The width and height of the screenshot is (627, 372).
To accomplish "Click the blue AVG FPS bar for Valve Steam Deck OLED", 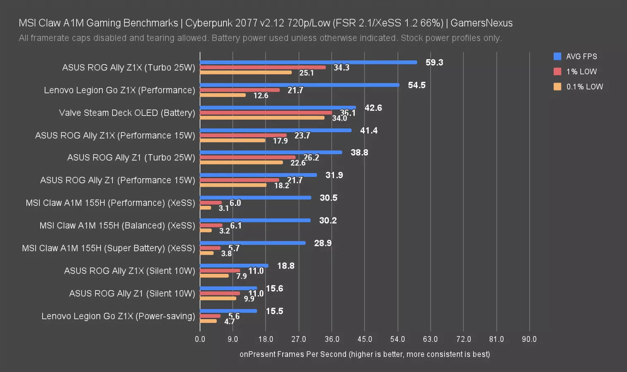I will coord(277,108).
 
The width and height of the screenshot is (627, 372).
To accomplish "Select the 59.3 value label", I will coord(434,62).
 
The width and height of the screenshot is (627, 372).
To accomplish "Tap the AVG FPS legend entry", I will coord(576,57).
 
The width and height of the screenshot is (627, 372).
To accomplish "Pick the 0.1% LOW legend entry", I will coord(579,87).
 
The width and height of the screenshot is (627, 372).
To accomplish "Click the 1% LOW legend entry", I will coord(576,72).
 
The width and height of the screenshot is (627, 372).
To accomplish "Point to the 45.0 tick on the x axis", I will coord(365,339).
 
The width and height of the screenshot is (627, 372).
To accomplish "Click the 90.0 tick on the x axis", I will coord(529,339).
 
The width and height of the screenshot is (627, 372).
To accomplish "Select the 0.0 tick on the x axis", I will coord(200,339).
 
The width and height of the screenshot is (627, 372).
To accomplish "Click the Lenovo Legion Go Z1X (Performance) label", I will coord(119,90).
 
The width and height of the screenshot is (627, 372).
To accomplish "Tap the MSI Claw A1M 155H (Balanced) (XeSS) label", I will coord(117,226).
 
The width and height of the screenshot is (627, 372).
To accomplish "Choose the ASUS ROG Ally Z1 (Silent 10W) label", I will coord(132,293).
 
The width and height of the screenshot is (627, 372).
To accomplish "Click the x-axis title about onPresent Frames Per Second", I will coord(365,354).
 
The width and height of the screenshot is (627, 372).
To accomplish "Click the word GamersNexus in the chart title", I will coord(481,23).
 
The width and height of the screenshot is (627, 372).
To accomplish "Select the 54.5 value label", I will coord(416,85).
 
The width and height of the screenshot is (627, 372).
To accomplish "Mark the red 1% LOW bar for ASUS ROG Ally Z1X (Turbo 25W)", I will coord(263,67).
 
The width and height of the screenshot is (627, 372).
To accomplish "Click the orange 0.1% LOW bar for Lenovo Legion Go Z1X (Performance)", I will coord(223,95).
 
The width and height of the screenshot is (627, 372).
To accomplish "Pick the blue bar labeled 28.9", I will coord(252,243).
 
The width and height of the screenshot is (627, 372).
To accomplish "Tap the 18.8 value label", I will coord(286,266).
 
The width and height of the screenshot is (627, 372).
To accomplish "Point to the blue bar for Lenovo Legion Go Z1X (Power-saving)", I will coord(228,311).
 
